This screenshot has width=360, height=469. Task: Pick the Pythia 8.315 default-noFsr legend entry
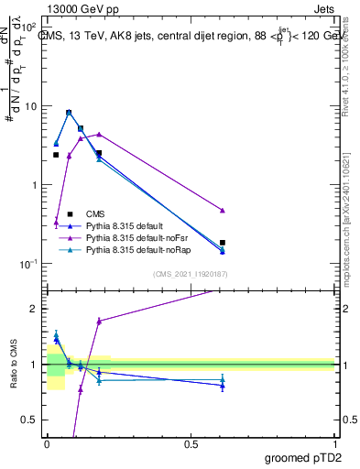(x=136, y=237)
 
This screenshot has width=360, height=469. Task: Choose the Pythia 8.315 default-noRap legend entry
(x=137, y=249)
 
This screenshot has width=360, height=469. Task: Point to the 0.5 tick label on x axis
(x=191, y=442)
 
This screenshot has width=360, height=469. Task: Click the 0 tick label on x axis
(x=47, y=442)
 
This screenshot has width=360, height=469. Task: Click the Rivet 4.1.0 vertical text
(x=349, y=64)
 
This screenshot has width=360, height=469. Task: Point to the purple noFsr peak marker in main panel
(x=99, y=134)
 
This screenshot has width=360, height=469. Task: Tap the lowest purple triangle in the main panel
(x=56, y=222)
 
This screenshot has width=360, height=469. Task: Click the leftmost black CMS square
(x=56, y=155)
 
